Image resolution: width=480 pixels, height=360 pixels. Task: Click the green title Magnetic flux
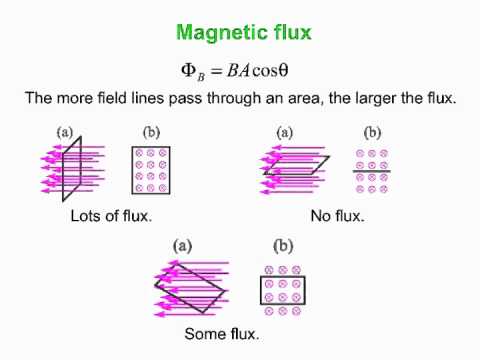pyautogui.click(x=243, y=33)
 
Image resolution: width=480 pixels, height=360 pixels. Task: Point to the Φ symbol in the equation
pyautogui.click(x=189, y=70)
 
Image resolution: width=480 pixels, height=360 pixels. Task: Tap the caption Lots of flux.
pyautogui.click(x=111, y=215)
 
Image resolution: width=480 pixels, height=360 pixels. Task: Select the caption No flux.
pyautogui.click(x=338, y=215)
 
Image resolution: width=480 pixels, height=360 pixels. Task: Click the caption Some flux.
pyautogui.click(x=222, y=333)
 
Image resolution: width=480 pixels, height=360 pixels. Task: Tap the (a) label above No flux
pyautogui.click(x=287, y=131)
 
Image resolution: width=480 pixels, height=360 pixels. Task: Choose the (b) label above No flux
pyautogui.click(x=372, y=131)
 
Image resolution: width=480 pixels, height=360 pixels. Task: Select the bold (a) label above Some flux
pyautogui.click(x=183, y=244)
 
